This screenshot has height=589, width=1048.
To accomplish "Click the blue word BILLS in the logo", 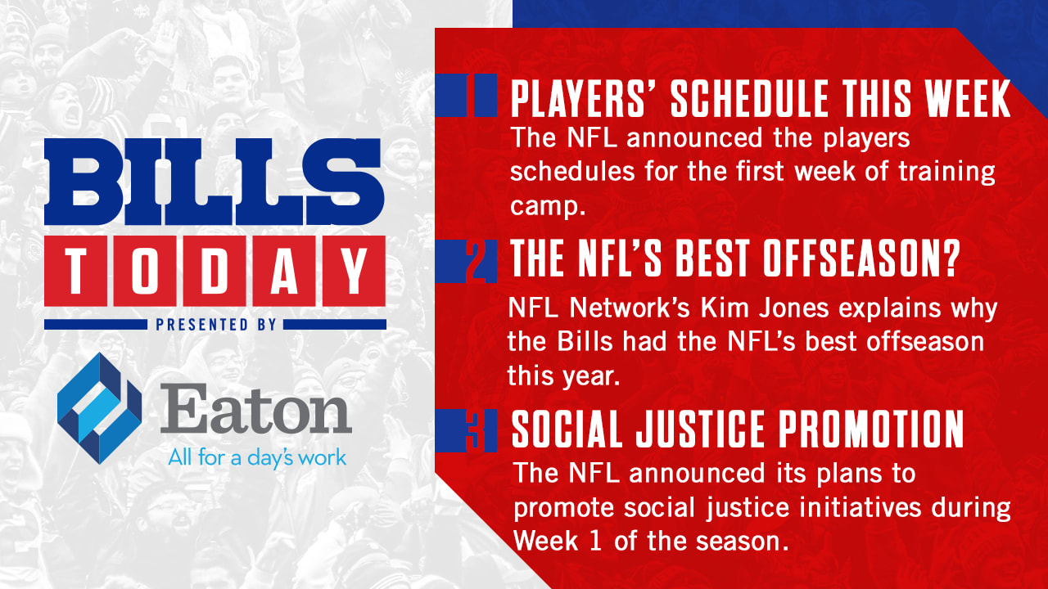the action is pyautogui.click(x=215, y=182).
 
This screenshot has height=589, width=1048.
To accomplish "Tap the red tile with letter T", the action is pyautogui.click(x=76, y=271).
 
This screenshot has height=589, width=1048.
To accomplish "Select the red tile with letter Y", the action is pyautogui.click(x=354, y=271).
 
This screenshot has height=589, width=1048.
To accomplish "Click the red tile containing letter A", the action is pyautogui.click(x=284, y=271).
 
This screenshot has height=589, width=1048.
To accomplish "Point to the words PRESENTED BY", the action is pyautogui.click(x=215, y=325).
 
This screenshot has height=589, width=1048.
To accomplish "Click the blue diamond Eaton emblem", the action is pyautogui.click(x=99, y=408).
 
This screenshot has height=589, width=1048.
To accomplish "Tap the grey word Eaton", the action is pyautogui.click(x=255, y=408).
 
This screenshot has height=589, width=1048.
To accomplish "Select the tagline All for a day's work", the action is pyautogui.click(x=257, y=458).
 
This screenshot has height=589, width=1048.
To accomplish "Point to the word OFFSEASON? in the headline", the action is pyautogui.click(x=862, y=259).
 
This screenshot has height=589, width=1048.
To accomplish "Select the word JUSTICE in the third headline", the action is pyautogui.click(x=700, y=429).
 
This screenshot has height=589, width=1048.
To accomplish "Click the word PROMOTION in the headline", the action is pyautogui.click(x=871, y=429).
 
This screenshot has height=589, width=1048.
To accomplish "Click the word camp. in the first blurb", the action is pyautogui.click(x=548, y=206).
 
